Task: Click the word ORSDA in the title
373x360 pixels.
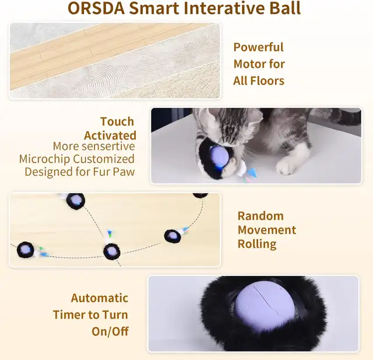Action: tap(96, 8)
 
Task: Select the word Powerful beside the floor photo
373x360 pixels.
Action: tap(259, 47)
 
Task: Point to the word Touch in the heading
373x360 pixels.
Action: tap(117, 122)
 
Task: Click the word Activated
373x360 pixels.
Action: tap(110, 136)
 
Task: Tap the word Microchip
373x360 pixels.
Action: tap(44, 159)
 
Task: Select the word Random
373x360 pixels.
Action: tap(261, 216)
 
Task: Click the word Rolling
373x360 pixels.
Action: tap(257, 244)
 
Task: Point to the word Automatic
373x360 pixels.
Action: tap(100, 298)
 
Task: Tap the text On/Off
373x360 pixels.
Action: tap(110, 331)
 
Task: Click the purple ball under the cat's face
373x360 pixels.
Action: tap(219, 157)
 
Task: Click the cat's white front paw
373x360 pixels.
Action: tap(287, 165)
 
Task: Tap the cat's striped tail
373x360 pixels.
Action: tap(349, 118)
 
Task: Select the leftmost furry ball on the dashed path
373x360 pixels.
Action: tap(25, 250)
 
